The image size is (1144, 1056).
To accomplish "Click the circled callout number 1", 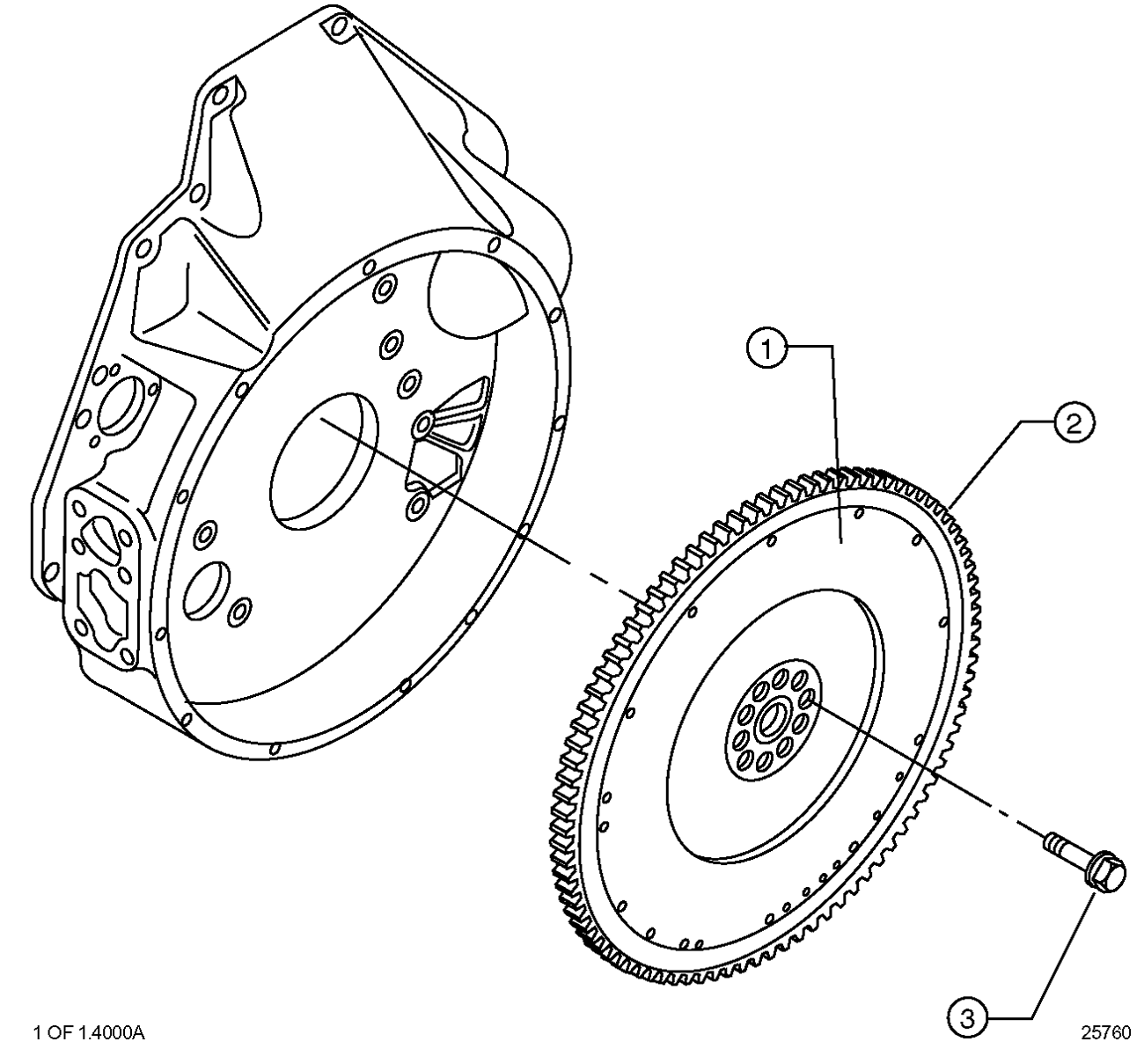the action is click(766, 350).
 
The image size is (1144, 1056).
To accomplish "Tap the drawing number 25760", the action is click(1105, 1032).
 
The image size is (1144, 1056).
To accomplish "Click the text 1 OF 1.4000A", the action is click(89, 1032).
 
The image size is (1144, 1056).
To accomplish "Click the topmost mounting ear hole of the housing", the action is click(340, 26).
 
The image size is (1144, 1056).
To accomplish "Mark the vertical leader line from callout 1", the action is click(836, 444).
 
